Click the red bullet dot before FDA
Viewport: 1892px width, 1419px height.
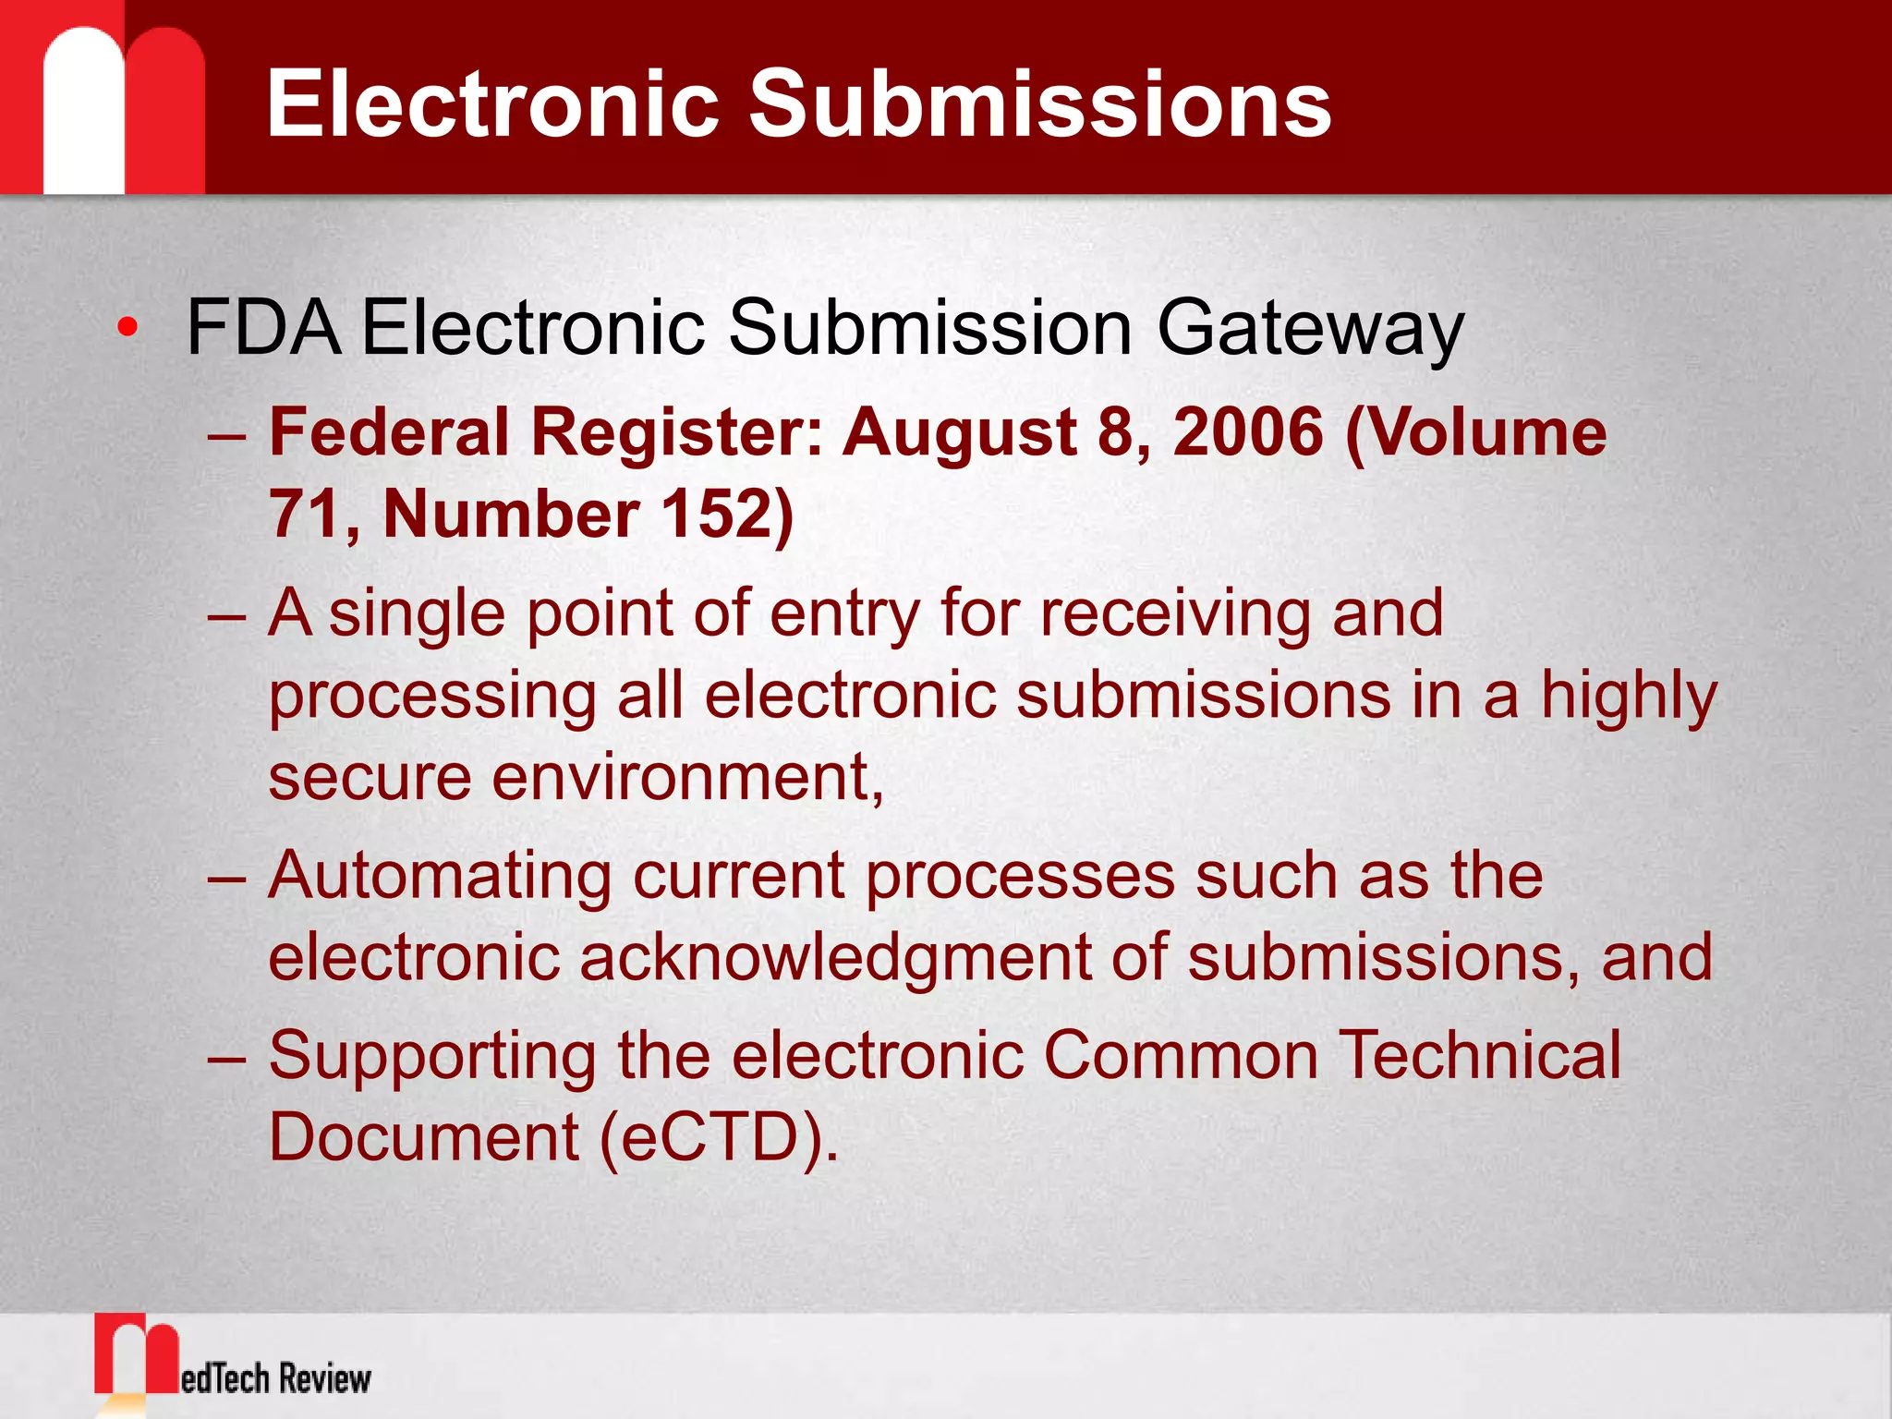coord(128,327)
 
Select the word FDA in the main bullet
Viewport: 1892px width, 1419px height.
coord(262,327)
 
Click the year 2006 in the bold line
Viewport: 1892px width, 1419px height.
coord(1247,432)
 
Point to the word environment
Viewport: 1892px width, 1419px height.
coord(685,778)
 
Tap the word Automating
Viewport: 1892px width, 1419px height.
coord(440,877)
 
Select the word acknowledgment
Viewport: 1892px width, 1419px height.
coord(835,957)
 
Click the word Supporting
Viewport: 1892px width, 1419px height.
coord(432,1057)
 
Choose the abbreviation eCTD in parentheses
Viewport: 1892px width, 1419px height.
coord(709,1136)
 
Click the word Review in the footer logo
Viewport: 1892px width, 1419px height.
coord(324,1378)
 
